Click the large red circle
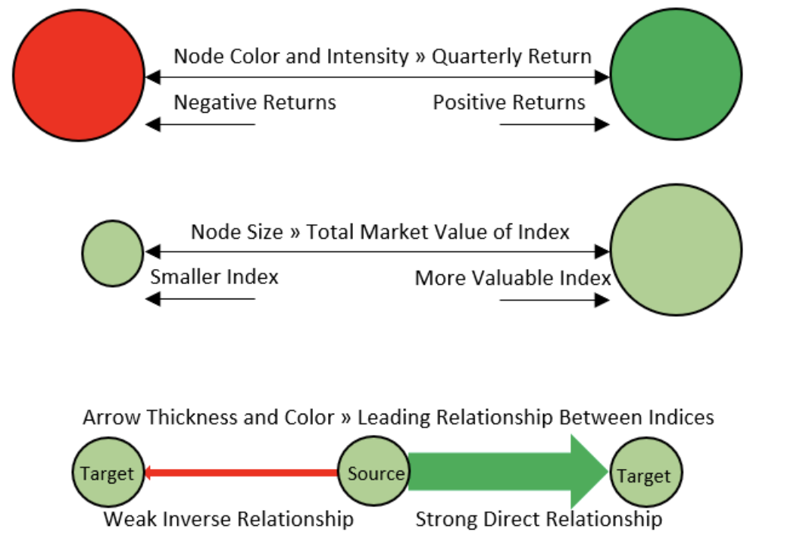[x=79, y=75]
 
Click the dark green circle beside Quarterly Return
[x=676, y=74]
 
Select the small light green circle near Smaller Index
[x=113, y=254]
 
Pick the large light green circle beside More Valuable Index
[x=676, y=250]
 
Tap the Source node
[x=374, y=471]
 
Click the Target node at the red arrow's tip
[x=108, y=472]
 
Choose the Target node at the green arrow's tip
[x=646, y=473]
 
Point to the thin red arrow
[x=242, y=473]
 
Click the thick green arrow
[x=508, y=472]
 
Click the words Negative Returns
[x=255, y=102]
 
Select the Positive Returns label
[x=508, y=102]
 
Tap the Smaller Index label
[x=214, y=277]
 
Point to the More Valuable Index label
[x=513, y=278]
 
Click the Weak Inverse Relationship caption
[x=229, y=520]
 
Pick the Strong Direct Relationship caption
[x=539, y=520]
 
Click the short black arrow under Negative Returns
[x=200, y=124]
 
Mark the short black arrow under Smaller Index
[x=200, y=299]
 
